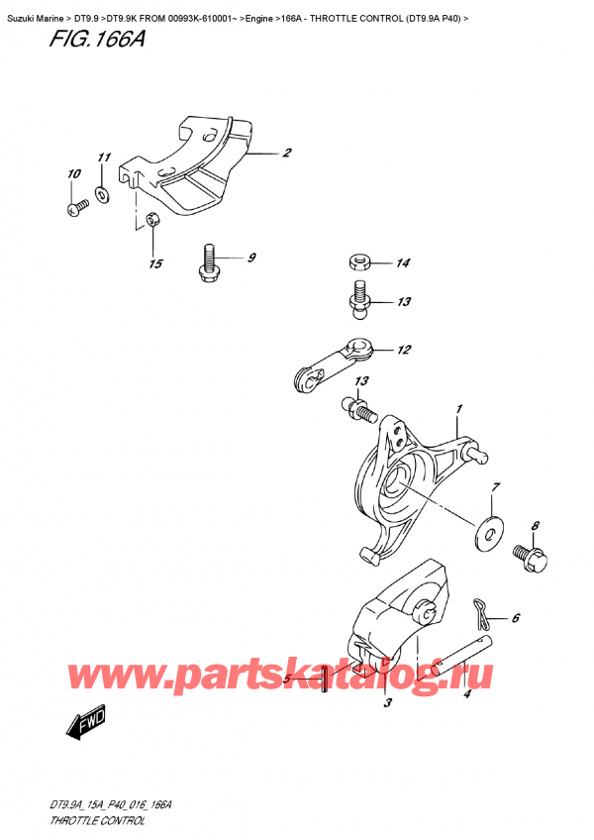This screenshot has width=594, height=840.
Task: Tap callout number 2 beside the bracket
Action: [x=286, y=153]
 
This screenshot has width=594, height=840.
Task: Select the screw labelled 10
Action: [x=76, y=207]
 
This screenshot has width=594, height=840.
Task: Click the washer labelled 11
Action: [x=103, y=191]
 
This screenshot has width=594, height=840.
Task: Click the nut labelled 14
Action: [x=360, y=263]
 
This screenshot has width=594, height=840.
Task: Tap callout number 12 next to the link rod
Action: [x=403, y=350]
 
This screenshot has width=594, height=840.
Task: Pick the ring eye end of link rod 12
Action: [x=359, y=349]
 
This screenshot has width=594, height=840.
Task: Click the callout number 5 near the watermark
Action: [x=286, y=680]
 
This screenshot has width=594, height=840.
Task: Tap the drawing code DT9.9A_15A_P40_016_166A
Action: [x=118, y=807]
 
